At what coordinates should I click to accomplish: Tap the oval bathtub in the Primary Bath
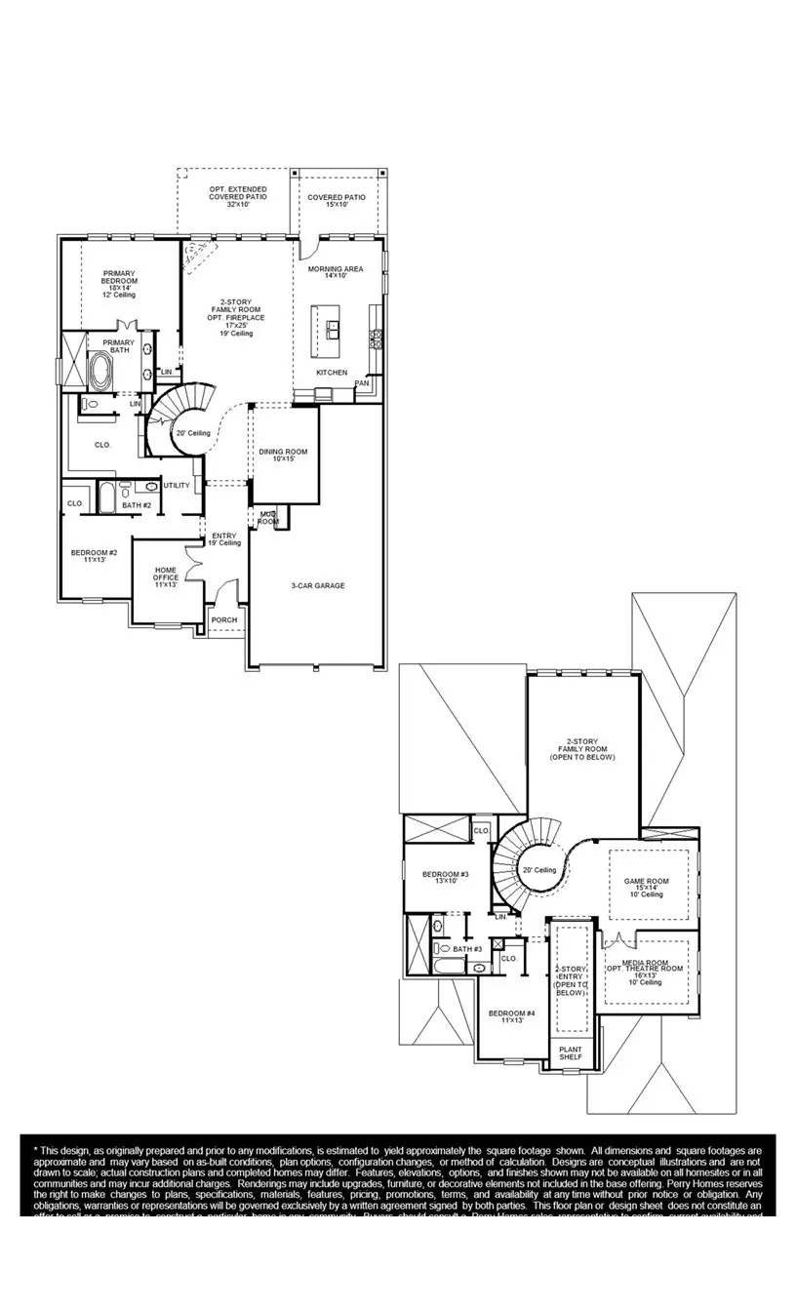click(x=101, y=372)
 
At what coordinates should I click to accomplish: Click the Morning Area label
click(x=336, y=271)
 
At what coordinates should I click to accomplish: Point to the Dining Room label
click(x=283, y=455)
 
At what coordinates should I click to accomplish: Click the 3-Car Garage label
click(x=317, y=585)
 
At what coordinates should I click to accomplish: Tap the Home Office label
click(x=166, y=576)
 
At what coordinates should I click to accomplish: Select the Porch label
click(x=224, y=619)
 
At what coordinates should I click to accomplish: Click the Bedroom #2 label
click(x=94, y=556)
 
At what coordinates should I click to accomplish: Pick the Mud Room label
click(x=268, y=517)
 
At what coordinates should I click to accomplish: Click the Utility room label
click(x=177, y=485)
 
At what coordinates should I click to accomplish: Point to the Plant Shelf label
click(x=570, y=1053)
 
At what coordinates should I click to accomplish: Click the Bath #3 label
click(x=466, y=948)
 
